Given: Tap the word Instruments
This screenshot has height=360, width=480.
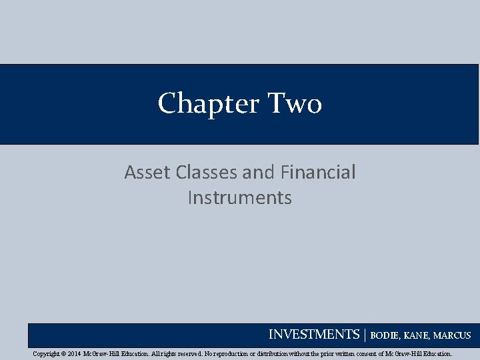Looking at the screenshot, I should [x=240, y=198].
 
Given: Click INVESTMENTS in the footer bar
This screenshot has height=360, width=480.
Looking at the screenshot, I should [x=314, y=335].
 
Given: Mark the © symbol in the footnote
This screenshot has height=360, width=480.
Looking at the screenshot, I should [x=64, y=354].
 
